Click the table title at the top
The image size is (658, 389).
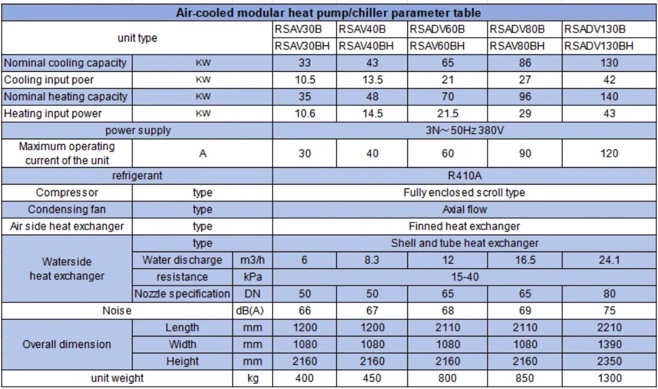click(328, 13)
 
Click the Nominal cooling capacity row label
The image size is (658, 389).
click(66, 63)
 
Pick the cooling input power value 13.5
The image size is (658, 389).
click(372, 80)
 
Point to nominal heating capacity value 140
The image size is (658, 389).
click(609, 97)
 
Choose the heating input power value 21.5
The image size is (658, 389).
click(447, 114)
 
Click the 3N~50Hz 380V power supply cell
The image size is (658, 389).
click(464, 131)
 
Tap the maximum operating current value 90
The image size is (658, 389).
click(525, 153)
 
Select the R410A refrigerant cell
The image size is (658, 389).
click(464, 176)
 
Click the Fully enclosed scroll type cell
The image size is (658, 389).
click(464, 193)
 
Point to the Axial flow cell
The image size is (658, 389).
click(464, 210)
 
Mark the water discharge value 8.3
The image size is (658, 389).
click(372, 260)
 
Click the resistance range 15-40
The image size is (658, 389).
click(464, 277)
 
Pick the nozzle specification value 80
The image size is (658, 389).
click(609, 294)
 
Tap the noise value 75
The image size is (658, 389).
click(609, 311)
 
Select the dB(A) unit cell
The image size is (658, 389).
click(253, 311)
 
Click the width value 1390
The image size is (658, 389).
click(609, 345)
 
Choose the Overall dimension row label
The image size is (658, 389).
click(66, 345)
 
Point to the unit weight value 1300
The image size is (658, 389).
click(609, 378)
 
